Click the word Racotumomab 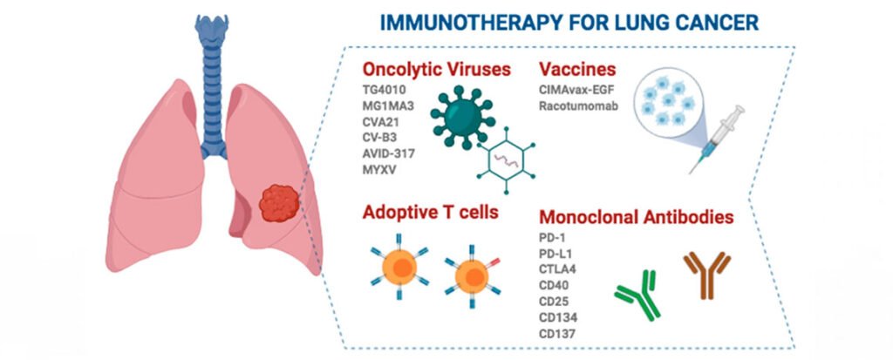pyautogui.click(x=580, y=105)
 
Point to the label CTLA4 pyautogui.click(x=558, y=269)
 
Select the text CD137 pyautogui.click(x=559, y=333)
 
